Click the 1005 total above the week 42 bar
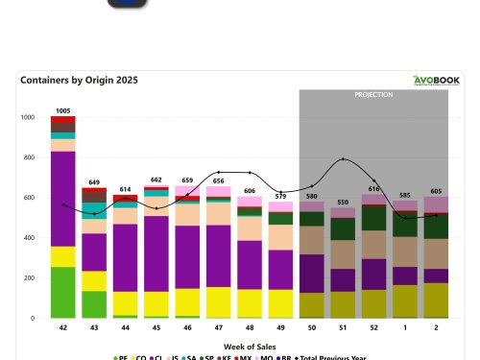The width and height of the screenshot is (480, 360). tap(63, 110)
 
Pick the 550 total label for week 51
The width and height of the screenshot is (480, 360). tap(343, 203)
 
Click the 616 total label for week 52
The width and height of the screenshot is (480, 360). tap(373, 189)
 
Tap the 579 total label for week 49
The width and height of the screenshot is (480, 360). tap(280, 196)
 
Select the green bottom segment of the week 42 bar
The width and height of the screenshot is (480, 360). tap(63, 292)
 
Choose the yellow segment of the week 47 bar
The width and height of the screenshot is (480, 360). tap(218, 301)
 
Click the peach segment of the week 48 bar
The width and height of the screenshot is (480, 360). tap(250, 228)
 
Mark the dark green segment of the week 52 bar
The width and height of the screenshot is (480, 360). tap(373, 219)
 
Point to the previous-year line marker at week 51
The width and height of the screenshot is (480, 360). tap(343, 158)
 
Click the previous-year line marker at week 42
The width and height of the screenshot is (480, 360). tap(63, 204)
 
